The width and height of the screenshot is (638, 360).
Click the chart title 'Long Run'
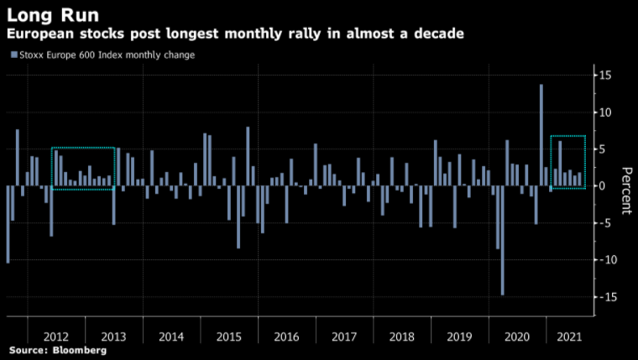click(53, 14)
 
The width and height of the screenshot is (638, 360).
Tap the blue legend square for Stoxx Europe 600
click(13, 55)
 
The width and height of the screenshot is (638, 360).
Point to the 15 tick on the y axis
click(604, 76)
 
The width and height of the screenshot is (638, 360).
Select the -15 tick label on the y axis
click(604, 297)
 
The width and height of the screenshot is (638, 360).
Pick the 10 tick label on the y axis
click(604, 112)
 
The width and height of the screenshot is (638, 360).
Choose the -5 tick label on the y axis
click(604, 223)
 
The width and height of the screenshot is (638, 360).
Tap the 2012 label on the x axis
click(55, 337)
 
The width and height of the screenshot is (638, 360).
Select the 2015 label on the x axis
click(228, 337)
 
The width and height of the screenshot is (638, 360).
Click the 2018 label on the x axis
click(402, 337)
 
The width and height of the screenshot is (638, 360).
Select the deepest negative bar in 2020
click(502, 240)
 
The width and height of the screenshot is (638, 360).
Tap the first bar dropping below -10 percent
click(8, 224)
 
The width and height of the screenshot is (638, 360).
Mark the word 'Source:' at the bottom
click(29, 350)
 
